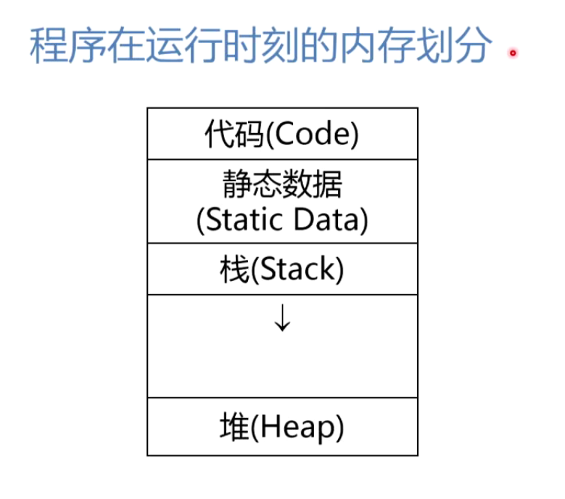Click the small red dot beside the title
[x=514, y=53]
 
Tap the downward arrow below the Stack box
[x=282, y=319]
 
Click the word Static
[x=245, y=220]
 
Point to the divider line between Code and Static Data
[x=282, y=159]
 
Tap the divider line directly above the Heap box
[x=282, y=398]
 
